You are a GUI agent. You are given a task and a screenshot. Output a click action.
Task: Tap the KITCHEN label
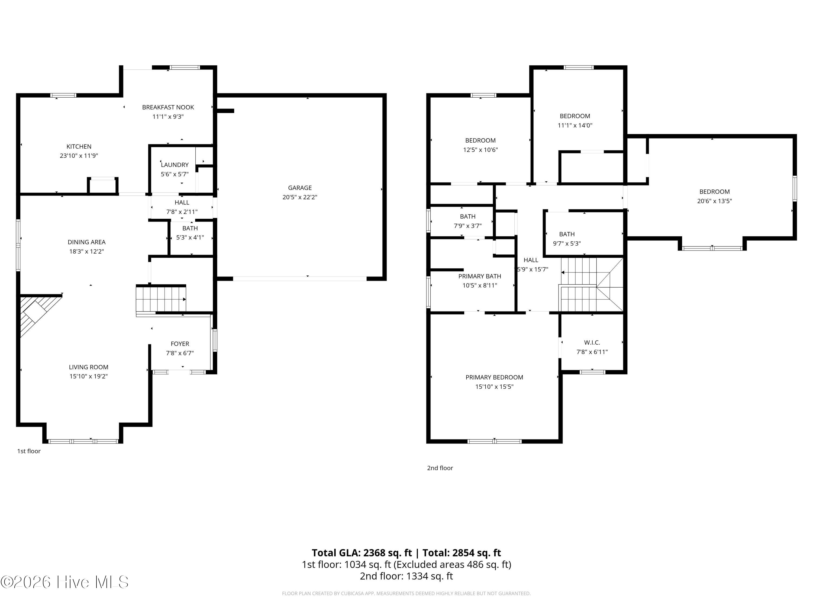tap(79, 146)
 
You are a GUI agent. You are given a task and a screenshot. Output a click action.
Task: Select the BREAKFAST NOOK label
tap(168, 107)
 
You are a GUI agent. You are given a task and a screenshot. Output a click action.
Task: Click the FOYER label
tap(180, 344)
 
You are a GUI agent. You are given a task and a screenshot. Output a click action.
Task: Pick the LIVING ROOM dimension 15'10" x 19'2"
tap(89, 376)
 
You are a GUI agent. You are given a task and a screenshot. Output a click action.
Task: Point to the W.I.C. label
tap(592, 342)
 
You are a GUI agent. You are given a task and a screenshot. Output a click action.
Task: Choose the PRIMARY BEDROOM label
tap(494, 377)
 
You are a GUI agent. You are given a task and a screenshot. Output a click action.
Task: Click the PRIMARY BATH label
tap(480, 276)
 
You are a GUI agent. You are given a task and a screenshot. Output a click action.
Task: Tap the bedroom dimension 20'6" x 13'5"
tap(715, 201)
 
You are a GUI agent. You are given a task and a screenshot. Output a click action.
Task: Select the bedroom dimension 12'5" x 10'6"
tap(480, 150)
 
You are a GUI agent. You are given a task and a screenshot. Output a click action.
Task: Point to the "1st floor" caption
tap(29, 451)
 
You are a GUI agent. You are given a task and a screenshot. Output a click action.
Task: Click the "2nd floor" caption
tap(440, 468)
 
